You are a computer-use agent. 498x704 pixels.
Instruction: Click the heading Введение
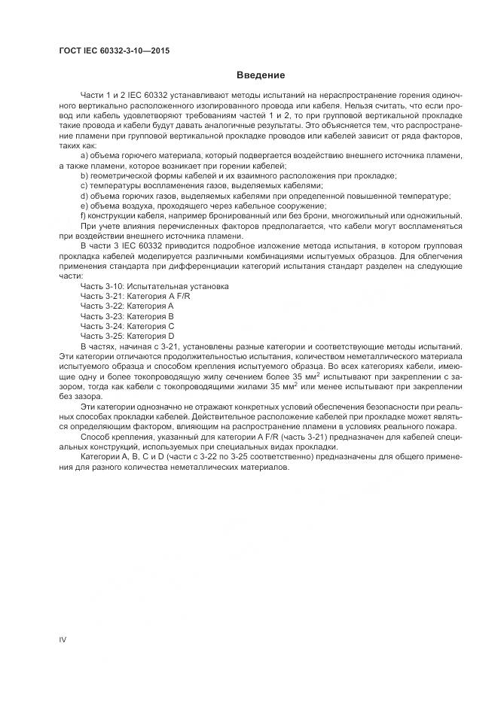pos(260,75)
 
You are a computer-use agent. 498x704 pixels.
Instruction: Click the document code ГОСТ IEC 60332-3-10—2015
pos(114,50)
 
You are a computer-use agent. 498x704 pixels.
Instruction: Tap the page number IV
pos(63,639)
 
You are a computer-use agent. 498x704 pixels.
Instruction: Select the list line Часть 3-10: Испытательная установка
pos(154,287)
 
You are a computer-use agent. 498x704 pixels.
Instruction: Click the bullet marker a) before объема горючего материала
pos(84,155)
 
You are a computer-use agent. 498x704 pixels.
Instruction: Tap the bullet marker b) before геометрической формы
pos(84,175)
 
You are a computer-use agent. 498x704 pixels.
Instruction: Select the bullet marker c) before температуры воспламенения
pos(84,185)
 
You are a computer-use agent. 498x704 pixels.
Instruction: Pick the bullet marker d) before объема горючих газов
pos(84,196)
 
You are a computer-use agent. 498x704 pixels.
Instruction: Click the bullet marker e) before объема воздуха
pos(84,206)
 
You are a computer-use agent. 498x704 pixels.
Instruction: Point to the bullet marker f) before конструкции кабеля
pos(83,215)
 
